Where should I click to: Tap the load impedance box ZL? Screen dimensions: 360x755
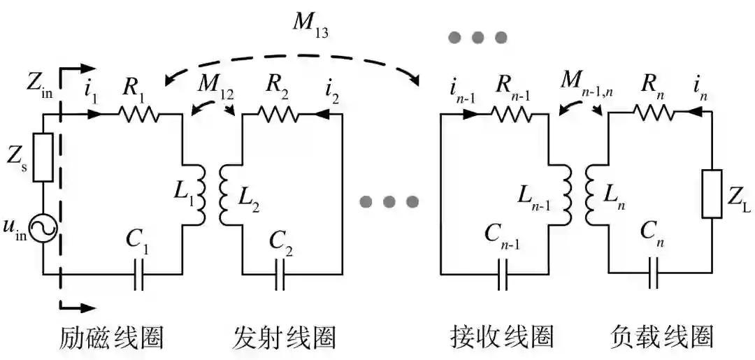click(x=711, y=194)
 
